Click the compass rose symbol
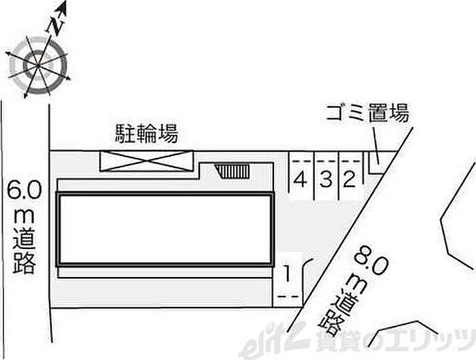click(37, 65)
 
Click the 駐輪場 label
click(146, 133)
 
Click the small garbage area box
click(375, 160)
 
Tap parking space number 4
click(299, 180)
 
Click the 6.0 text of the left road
click(24, 189)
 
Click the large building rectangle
click(165, 229)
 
